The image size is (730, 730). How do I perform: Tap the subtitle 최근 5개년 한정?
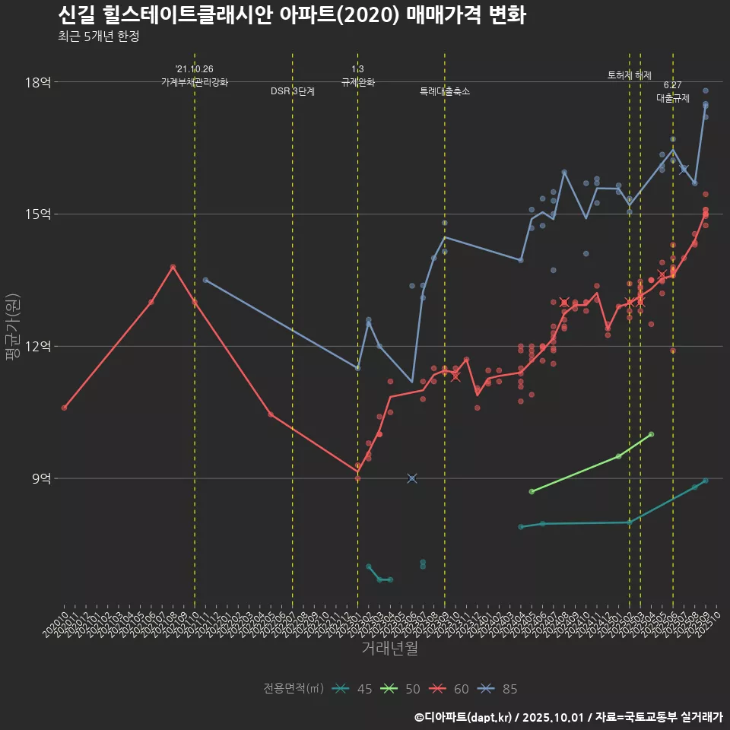[98, 36]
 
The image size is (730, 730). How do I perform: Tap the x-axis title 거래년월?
[389, 649]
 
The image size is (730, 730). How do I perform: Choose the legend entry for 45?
[354, 689]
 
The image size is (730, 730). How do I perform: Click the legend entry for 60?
[450, 689]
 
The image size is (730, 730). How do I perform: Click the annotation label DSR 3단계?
[293, 91]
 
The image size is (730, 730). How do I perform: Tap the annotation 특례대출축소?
[445, 91]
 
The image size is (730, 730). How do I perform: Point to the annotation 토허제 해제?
[630, 75]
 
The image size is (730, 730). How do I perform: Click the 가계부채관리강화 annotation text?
[195, 82]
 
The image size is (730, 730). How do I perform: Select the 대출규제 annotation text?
[673, 98]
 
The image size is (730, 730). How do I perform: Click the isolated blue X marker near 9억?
[412, 478]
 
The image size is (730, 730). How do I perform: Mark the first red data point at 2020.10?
[65, 408]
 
